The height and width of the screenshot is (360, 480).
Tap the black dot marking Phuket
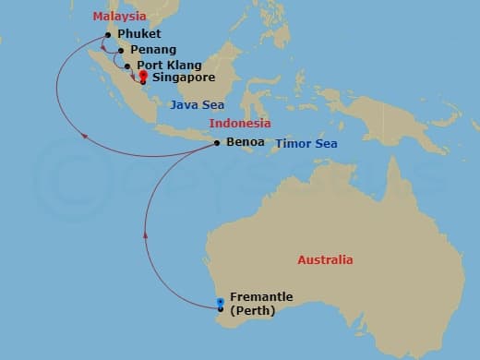[109, 35]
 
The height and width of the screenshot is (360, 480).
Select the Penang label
[154, 50]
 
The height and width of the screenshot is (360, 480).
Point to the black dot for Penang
[121, 51]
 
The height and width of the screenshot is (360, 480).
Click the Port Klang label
[165, 66]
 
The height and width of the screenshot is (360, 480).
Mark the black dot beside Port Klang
[127, 66]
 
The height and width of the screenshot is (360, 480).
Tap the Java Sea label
[197, 105]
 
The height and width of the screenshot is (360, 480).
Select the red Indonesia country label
[240, 124]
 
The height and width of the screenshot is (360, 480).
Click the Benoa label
[245, 142]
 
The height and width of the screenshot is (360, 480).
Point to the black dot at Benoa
[216, 143]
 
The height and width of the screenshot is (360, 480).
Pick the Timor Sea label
[306, 144]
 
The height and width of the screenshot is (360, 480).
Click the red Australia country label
[325, 260]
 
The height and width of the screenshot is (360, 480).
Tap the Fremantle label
[262, 296]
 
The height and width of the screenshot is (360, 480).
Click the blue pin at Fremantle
[220, 303]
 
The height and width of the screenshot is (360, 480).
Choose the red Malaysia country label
[119, 17]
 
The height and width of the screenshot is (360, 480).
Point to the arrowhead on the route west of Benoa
[86, 136]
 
